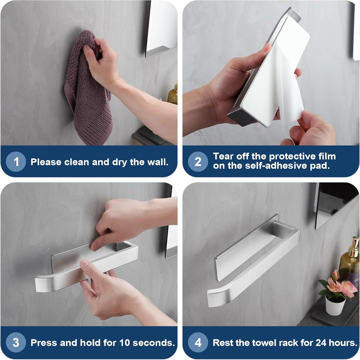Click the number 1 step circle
(16, 162)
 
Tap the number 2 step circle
(198, 162)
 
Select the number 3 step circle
(16, 342)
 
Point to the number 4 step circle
(198, 342)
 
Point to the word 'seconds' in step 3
(153, 343)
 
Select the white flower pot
(335, 305)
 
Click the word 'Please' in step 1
(46, 162)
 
